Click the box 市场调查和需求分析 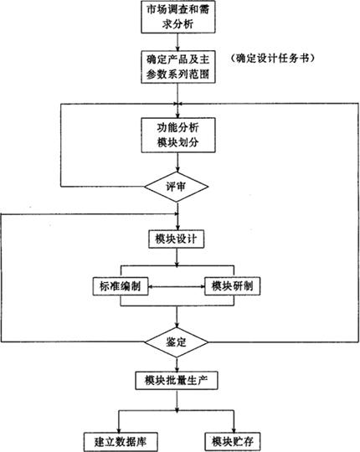[x=178, y=17]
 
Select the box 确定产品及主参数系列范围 [x=178, y=67]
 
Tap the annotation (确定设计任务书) [x=272, y=59]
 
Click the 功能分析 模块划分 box [x=178, y=135]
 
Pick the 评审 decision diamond [x=176, y=187]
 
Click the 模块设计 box [x=177, y=239]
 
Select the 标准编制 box [x=121, y=286]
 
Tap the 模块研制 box [x=232, y=286]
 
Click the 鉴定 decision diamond [x=176, y=342]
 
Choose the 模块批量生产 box [x=177, y=381]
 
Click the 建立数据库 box [x=121, y=442]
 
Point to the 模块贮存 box [x=233, y=442]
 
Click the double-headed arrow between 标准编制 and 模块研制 [x=177, y=286]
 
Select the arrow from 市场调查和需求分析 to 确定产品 [x=177, y=42]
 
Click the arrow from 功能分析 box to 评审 [x=177, y=162]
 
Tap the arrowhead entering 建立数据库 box [x=118, y=429]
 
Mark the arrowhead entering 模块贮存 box [x=234, y=429]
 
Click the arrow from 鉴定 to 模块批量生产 [x=177, y=365]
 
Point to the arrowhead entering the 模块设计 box [x=177, y=227]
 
